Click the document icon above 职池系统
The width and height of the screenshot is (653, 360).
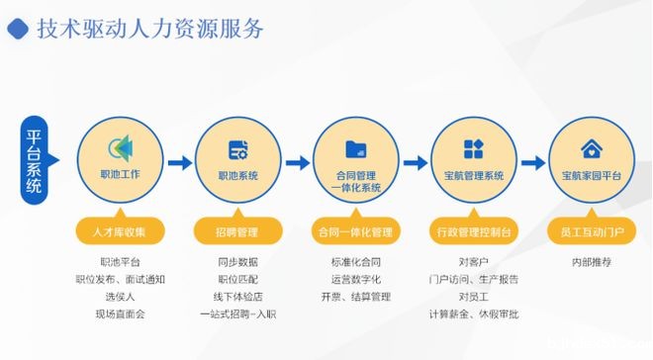tap(237, 149)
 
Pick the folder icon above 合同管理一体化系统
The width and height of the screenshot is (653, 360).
tap(355, 148)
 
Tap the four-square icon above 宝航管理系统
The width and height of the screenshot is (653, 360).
tap(473, 148)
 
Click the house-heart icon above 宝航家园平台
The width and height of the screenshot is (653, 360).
tap(591, 149)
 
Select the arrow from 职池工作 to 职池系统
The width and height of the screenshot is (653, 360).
tap(179, 162)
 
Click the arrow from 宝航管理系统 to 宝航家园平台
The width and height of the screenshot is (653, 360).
tap(532, 162)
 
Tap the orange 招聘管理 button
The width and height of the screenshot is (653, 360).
tap(237, 232)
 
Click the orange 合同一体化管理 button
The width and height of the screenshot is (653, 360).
tap(355, 232)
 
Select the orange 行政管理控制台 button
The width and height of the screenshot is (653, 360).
tap(473, 232)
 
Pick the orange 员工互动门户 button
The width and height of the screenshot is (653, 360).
tap(591, 232)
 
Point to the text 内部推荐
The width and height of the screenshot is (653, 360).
tap(591, 263)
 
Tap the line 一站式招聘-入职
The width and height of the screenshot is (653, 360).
tap(237, 314)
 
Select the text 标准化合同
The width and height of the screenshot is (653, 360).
tap(355, 263)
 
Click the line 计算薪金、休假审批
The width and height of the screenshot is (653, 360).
tap(473, 314)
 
